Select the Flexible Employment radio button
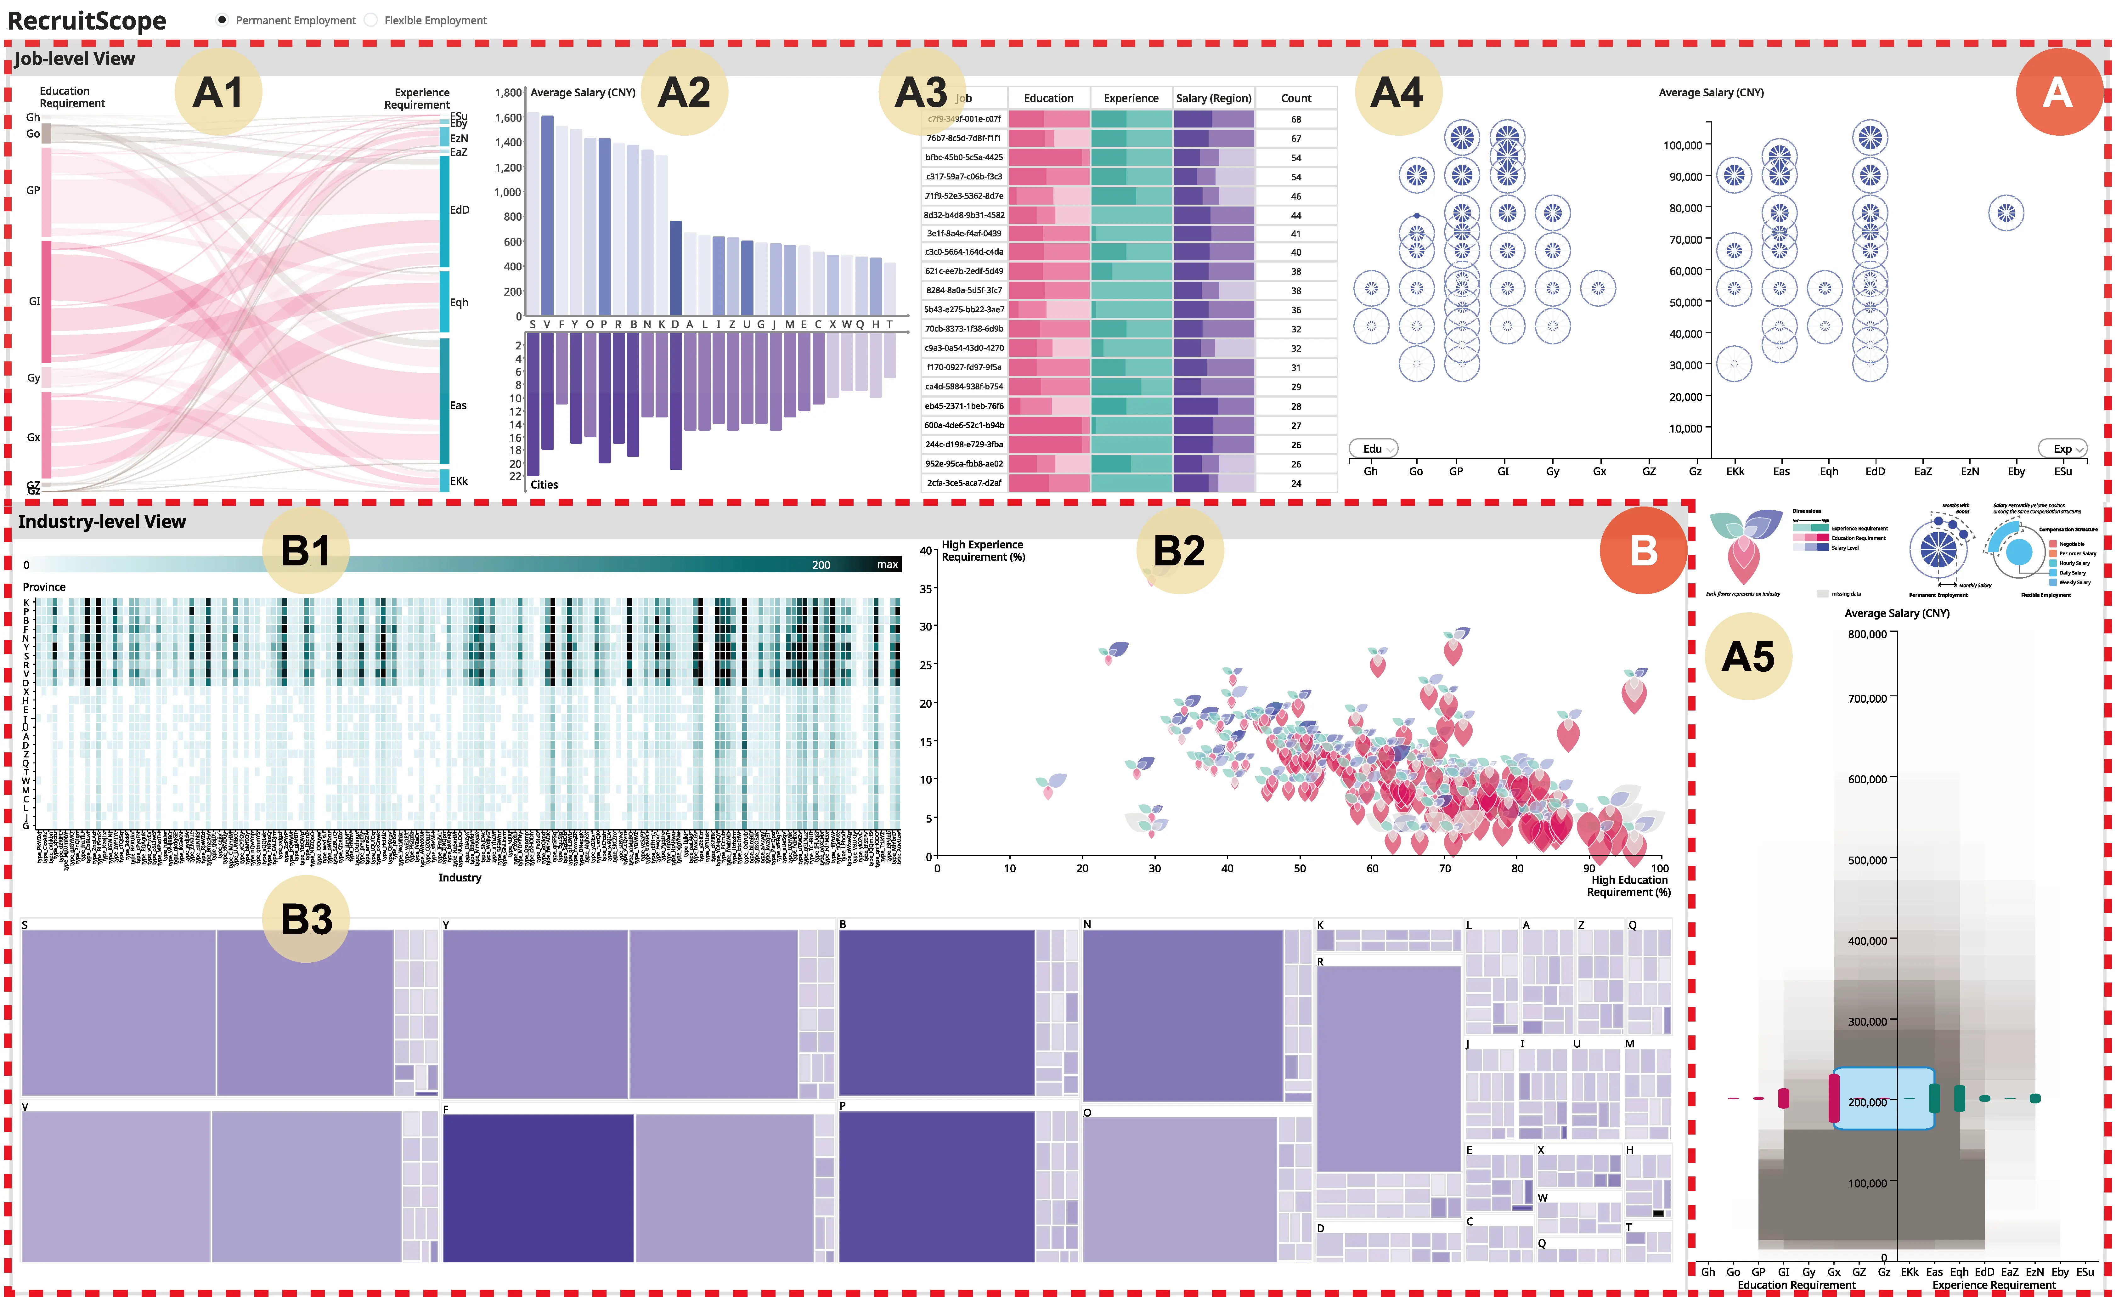click(371, 20)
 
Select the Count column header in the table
click(1296, 98)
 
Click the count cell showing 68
click(1296, 119)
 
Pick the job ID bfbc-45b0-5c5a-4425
click(963, 157)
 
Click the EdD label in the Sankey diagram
click(460, 210)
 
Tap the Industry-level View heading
click(102, 521)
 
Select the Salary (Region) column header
click(1213, 98)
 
